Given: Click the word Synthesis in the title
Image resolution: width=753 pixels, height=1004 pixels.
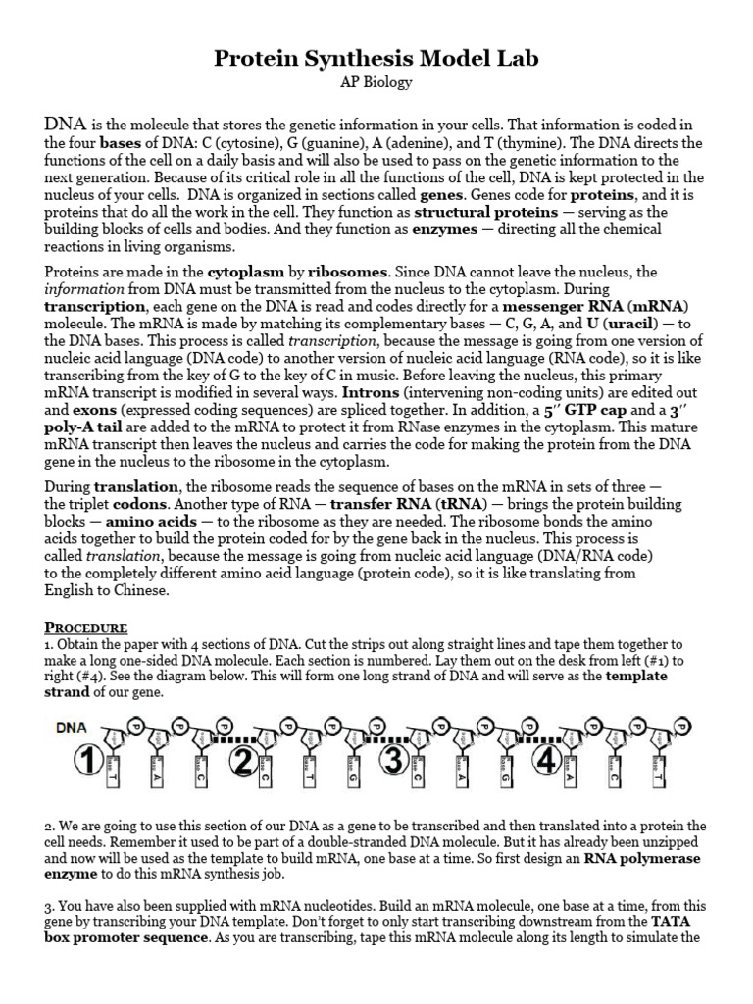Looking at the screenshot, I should [x=376, y=59].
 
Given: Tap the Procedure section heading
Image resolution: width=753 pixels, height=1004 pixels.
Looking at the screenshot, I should [x=86, y=627].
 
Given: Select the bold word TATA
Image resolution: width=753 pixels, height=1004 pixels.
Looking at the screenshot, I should [x=676, y=922].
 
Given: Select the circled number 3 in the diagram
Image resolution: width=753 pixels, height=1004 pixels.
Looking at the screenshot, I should [x=394, y=761].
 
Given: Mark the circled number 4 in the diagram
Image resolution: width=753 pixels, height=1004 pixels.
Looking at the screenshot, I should [x=546, y=761].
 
